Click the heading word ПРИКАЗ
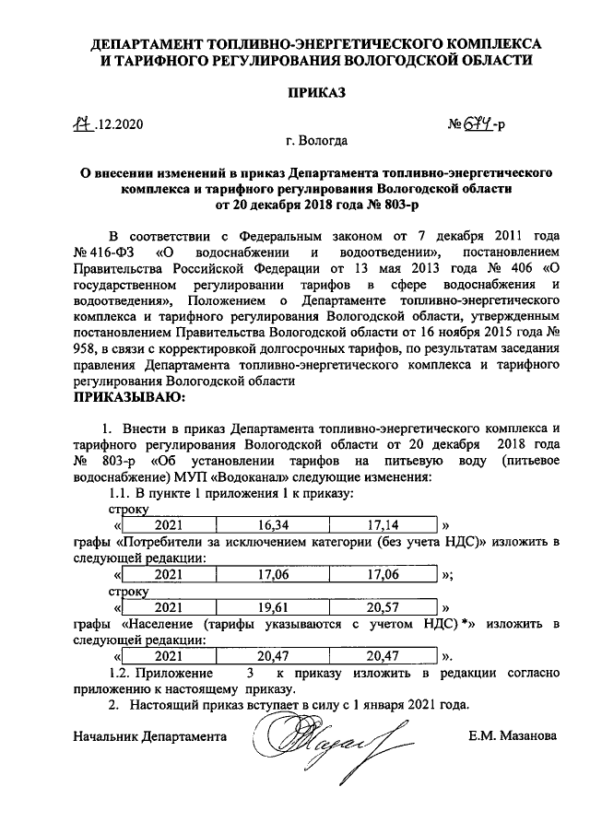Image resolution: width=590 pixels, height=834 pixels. tap(315, 92)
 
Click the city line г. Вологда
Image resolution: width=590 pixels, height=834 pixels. tap(316, 142)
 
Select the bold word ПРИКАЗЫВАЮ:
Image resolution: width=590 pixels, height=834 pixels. tap(129, 398)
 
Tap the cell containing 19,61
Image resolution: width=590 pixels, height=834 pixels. tap(274, 609)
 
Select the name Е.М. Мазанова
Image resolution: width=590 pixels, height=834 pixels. tap(513, 736)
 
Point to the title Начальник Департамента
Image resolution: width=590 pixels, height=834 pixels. tap(149, 736)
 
